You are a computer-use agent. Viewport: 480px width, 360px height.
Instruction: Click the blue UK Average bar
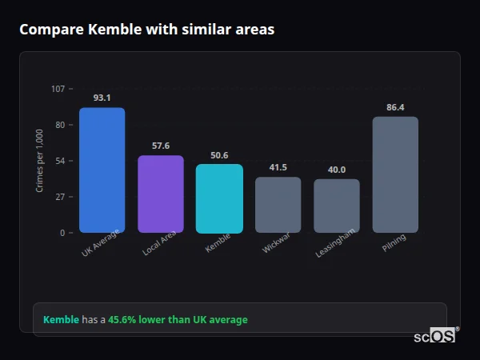102,170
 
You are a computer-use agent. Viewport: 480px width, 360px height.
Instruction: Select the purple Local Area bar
161,194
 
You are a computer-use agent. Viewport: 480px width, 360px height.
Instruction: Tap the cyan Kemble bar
219,198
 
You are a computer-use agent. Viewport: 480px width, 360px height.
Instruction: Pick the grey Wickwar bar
278,205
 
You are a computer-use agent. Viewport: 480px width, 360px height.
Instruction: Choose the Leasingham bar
337,206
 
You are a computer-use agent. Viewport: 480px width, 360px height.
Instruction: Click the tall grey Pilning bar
395,174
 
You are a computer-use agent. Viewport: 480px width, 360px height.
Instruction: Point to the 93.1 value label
102,98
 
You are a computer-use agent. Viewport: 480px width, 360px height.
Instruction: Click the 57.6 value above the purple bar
161,146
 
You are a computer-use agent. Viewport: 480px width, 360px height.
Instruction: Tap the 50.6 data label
219,155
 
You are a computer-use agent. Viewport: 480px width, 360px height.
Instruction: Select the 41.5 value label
278,167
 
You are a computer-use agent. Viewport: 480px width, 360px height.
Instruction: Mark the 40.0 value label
337,170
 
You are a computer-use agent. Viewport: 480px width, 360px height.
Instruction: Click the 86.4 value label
395,107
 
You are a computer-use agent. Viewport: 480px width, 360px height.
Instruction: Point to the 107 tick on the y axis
58,89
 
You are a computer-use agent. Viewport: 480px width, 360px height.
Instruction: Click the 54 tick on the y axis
60,161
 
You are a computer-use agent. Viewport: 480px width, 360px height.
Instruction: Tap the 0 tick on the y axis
62,233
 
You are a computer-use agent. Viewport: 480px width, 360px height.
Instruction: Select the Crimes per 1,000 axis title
40,161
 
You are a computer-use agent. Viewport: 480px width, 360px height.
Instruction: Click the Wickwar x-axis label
274,243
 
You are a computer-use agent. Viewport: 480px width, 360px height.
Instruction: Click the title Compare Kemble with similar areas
146,30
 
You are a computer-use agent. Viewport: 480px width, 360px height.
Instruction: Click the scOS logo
434,336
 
